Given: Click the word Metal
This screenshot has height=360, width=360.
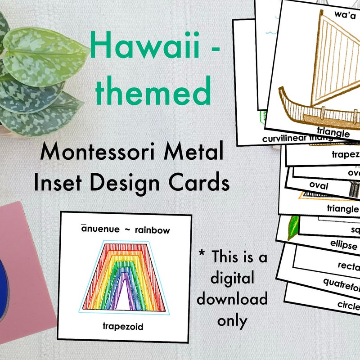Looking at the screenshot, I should coord(196,153).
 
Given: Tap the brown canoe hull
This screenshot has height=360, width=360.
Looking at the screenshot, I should coord(315,112).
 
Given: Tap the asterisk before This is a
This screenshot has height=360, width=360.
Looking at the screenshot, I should coord(203,257).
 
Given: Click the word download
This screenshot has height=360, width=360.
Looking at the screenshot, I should coord(232,299).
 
